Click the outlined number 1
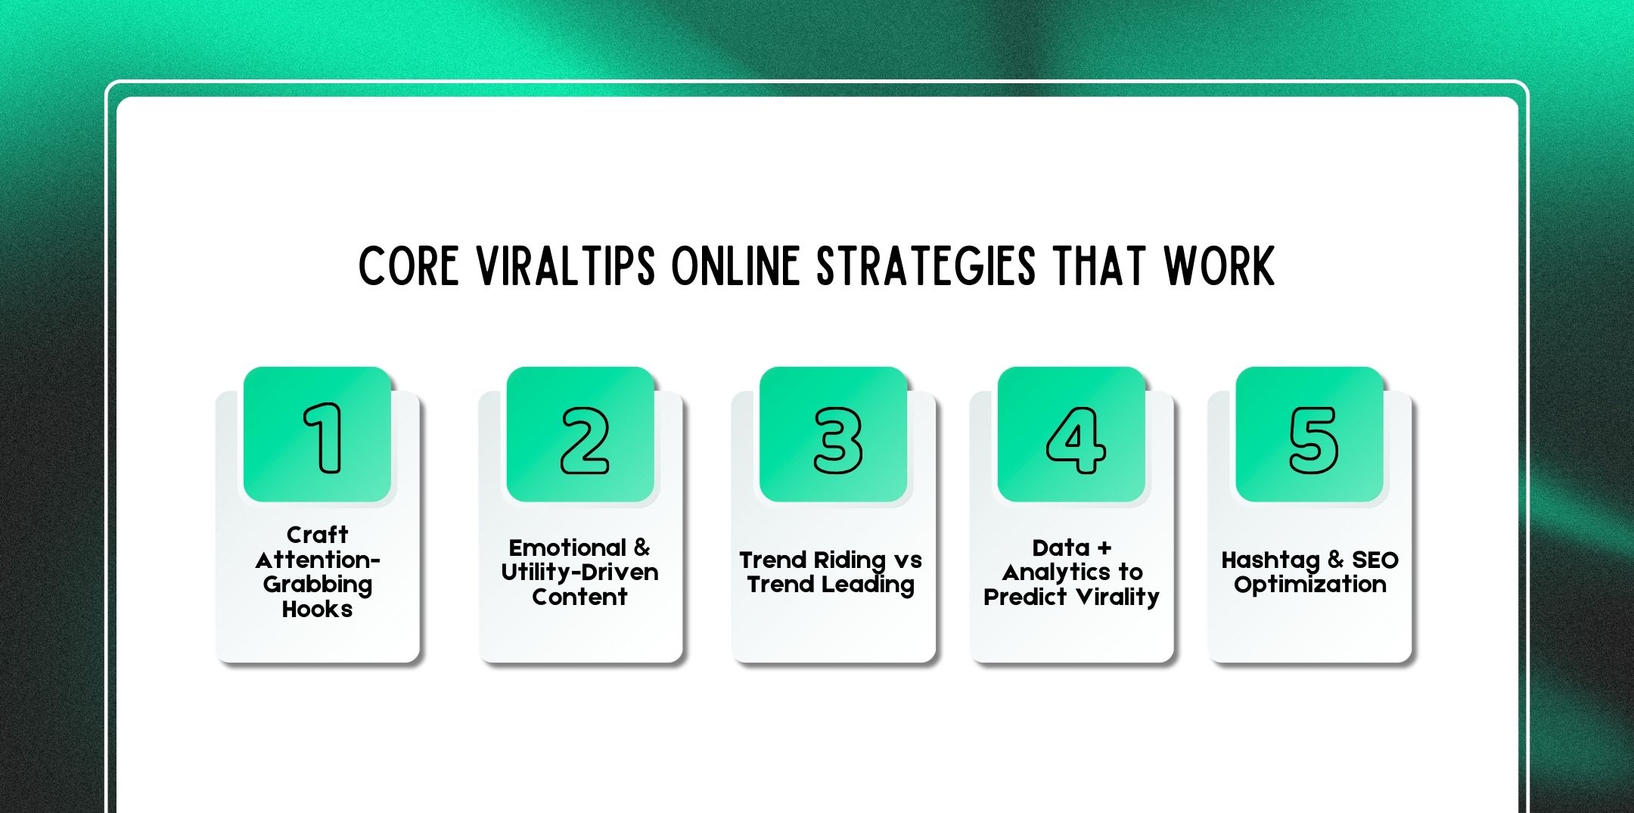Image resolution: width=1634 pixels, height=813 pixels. click(x=324, y=438)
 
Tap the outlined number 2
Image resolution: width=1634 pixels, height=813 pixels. click(x=584, y=440)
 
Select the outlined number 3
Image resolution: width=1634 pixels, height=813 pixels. click(x=837, y=440)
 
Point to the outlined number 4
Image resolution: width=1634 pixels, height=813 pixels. click(x=1076, y=440)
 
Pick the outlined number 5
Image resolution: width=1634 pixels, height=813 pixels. click(x=1313, y=440)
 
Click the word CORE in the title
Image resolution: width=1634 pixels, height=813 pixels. click(x=408, y=266)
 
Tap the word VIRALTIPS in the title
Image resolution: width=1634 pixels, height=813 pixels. click(x=567, y=266)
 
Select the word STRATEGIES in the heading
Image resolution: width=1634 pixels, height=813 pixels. click(x=925, y=266)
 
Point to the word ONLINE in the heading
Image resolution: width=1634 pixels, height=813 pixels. click(x=736, y=266)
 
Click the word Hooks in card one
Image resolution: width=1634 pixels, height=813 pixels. click(x=317, y=609)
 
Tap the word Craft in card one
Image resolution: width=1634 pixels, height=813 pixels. click(x=317, y=535)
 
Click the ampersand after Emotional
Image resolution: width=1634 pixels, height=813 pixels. click(x=641, y=548)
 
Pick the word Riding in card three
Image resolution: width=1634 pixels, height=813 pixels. click(x=849, y=560)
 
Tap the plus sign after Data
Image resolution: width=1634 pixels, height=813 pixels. click(x=1104, y=548)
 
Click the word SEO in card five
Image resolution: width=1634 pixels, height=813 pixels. click(x=1375, y=560)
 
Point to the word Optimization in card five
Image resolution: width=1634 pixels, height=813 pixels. click(x=1309, y=585)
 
